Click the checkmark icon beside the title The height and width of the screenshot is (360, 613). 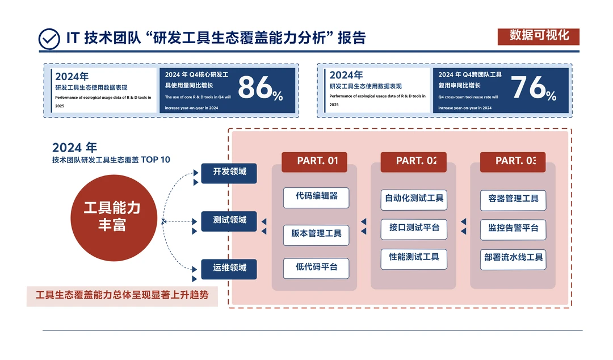pos(49,39)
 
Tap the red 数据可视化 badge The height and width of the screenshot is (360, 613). pos(538,36)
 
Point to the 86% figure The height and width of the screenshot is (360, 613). pos(260,89)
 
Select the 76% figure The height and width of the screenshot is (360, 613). pos(534,89)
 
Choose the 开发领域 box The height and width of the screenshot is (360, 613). pos(229,173)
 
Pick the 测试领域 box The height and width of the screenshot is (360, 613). pos(229,220)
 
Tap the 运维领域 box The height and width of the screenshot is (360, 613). pos(229,269)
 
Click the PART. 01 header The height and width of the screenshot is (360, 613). pos(314,161)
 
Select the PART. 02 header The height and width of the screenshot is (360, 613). pos(413,161)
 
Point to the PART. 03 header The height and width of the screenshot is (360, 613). pos(513,161)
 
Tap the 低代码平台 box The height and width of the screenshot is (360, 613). pos(316,267)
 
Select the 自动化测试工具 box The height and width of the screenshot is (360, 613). pos(414,199)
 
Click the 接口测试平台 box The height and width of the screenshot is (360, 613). pos(414,229)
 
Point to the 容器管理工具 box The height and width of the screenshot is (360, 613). pos(513,200)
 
